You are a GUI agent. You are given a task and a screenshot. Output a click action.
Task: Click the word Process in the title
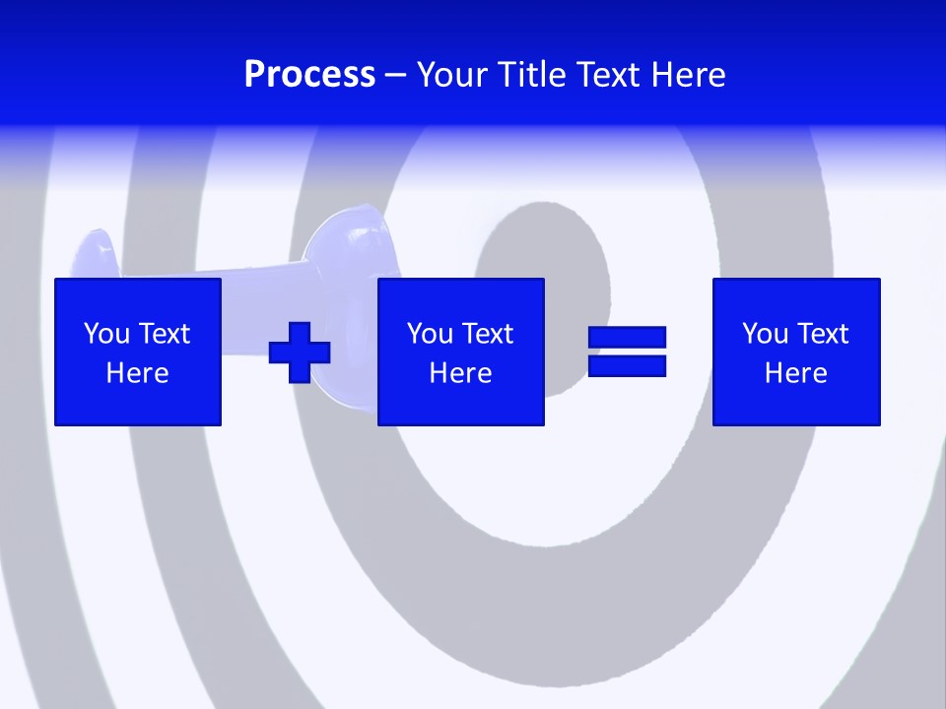click(309, 75)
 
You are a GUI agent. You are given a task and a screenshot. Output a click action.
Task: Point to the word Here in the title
click(688, 75)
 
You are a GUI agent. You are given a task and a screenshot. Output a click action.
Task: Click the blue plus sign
click(300, 352)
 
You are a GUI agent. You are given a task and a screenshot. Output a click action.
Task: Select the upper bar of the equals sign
click(627, 338)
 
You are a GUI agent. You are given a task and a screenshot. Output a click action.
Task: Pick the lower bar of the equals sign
click(627, 365)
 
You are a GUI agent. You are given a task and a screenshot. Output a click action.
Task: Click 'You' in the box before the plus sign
click(106, 334)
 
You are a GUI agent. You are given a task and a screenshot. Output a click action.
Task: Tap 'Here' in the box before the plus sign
click(138, 373)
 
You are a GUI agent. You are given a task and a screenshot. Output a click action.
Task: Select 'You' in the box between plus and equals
click(430, 334)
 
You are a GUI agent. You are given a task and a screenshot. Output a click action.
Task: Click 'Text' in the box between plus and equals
click(487, 334)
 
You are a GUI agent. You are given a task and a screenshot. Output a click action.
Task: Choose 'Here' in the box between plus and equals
click(461, 373)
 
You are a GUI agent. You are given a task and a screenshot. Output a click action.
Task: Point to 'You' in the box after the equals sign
click(765, 334)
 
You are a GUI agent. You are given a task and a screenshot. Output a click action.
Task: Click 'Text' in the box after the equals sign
click(822, 334)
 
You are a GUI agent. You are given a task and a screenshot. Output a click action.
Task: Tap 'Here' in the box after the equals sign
click(796, 373)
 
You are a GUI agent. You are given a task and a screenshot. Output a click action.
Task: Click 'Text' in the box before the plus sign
click(164, 334)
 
